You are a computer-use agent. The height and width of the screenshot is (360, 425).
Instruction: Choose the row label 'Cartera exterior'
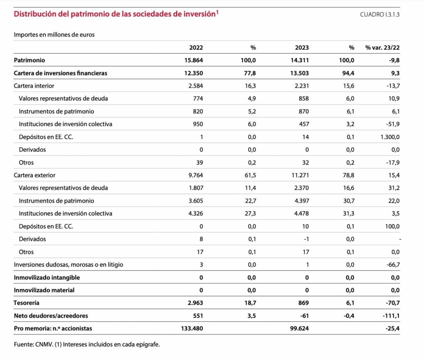pos(34,175)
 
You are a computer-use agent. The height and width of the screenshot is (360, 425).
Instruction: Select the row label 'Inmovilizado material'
pos(44,290)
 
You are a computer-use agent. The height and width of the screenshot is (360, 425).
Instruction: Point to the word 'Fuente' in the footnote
pos(23,344)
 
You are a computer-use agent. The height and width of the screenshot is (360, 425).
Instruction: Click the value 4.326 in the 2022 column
pos(196,213)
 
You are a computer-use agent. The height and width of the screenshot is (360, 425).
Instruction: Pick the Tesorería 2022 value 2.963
pos(195,303)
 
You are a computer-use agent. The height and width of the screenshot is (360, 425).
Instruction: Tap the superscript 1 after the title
pos(217,12)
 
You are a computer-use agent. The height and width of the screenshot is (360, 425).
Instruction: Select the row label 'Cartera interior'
pos(34,86)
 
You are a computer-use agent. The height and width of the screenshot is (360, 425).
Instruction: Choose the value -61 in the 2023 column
pos(304,316)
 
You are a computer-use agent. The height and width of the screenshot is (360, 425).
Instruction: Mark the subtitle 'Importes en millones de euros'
pos(54,34)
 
